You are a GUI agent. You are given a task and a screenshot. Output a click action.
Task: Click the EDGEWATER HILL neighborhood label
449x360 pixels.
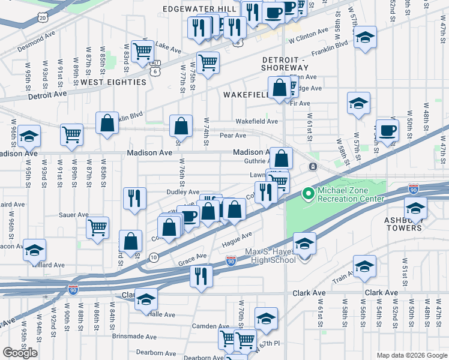click(200, 10)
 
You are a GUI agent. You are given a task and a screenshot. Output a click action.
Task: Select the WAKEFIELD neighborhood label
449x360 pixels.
click(246, 95)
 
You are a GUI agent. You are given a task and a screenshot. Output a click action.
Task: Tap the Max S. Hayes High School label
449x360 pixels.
click(270, 256)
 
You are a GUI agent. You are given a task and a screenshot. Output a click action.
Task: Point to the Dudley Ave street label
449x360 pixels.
click(182, 192)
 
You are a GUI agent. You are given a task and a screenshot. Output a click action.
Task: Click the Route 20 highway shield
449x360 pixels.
click(42, 17)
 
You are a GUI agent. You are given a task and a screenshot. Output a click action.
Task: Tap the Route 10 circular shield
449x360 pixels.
click(154, 257)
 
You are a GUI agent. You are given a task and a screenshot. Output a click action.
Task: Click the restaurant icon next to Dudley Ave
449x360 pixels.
click(135, 199)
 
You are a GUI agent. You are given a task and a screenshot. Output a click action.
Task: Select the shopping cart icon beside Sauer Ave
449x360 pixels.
click(97, 228)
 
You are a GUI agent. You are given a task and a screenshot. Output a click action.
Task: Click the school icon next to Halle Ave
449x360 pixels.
click(146, 299)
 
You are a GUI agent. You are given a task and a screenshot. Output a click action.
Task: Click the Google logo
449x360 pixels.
click(20, 353)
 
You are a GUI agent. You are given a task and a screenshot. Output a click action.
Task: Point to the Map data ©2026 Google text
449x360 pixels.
click(411, 355)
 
